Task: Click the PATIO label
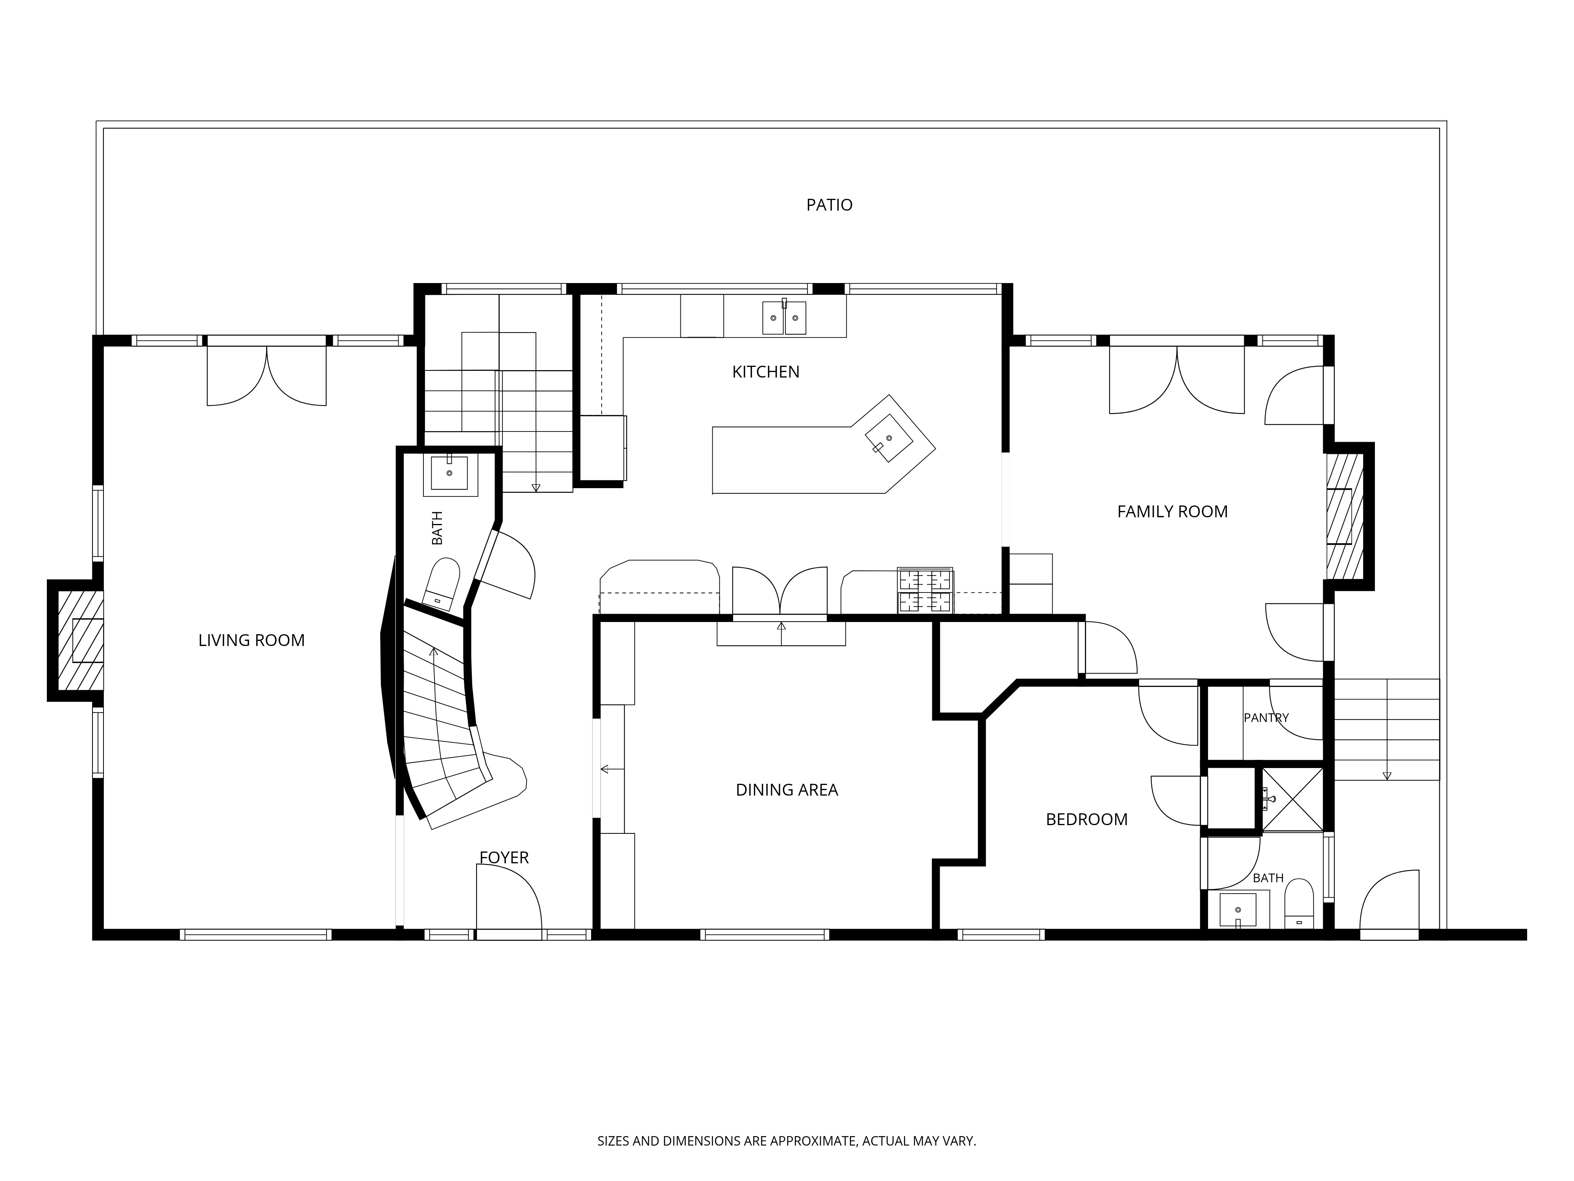829,205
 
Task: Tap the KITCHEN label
766,372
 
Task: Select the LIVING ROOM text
251,640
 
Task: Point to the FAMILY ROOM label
1172,512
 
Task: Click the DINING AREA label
786,790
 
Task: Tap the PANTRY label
1266,718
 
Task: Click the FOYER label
504,858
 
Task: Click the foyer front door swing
509,897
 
